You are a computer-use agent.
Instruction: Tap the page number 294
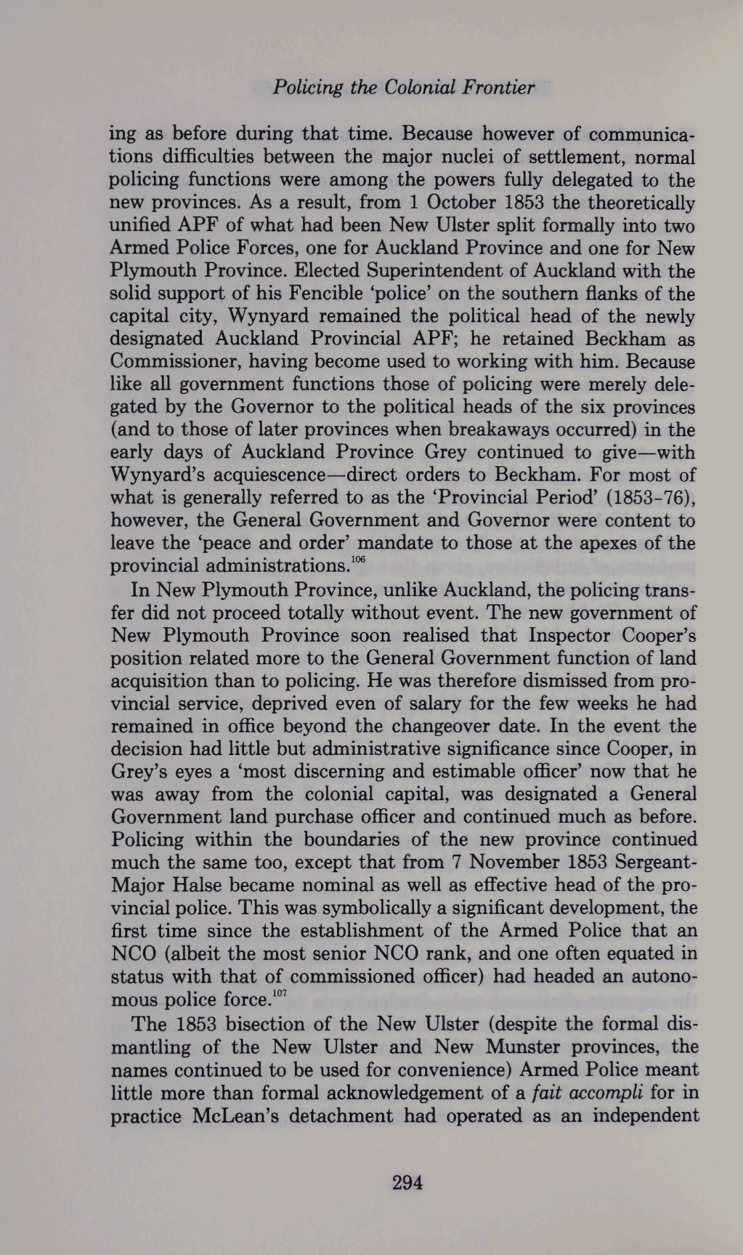pos(408,1183)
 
